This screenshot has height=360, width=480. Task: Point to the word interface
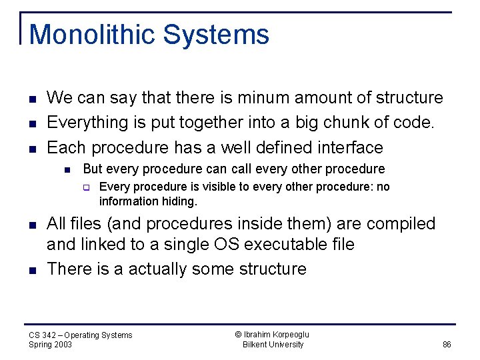pyautogui.click(x=345, y=147)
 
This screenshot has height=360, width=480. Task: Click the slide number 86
pyautogui.click(x=447, y=345)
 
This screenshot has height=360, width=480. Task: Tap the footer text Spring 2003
pyautogui.click(x=51, y=345)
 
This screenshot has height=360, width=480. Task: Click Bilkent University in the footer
pyautogui.click(x=273, y=345)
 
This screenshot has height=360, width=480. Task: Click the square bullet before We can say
pyautogui.click(x=32, y=99)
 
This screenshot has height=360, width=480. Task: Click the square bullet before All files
pyautogui.click(x=32, y=225)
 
